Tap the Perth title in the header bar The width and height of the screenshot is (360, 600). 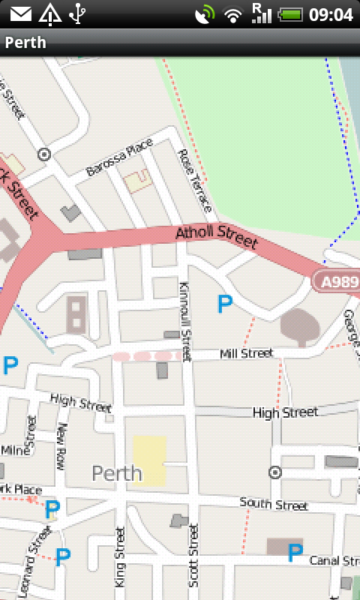pos(25,43)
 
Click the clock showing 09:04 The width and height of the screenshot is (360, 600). pos(331,14)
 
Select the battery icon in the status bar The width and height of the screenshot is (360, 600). pos(289,14)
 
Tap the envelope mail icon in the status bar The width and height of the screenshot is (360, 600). pos(21,14)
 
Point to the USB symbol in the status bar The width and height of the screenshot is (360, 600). pos(77,14)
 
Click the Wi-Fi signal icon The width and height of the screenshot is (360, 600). pos(234,14)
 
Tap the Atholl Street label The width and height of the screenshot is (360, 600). pos(216,236)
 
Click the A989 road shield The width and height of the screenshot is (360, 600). pos(337,282)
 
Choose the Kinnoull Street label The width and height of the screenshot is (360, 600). pos(185,319)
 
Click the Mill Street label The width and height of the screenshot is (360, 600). pos(246,352)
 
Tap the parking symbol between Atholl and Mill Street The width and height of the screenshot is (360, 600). pos(224,304)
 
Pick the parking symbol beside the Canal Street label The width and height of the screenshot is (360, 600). pos(295,553)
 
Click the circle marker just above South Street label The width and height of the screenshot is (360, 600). pos(275,472)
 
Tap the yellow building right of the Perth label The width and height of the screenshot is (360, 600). pos(149,460)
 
